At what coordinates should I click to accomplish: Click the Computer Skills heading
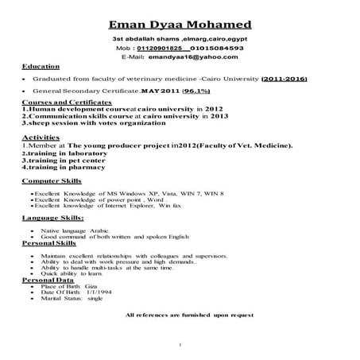point(52,182)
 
